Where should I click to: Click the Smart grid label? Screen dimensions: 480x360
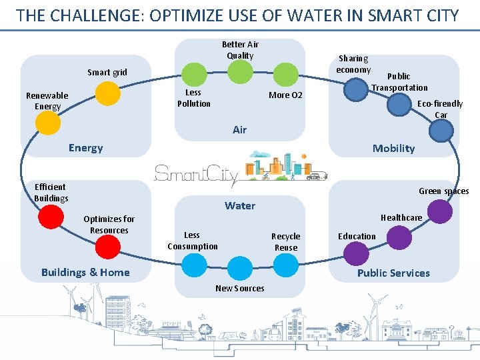coord(107,72)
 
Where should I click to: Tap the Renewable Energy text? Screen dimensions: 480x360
coord(47,101)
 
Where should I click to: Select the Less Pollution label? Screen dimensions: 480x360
coord(193,98)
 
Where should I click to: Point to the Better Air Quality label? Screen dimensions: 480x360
coord(240,50)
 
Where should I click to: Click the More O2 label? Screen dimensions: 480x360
coord(285,95)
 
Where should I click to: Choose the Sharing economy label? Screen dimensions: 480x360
coord(353,64)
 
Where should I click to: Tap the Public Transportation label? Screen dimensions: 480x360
coord(399,82)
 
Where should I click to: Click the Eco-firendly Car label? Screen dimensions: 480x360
coord(439,109)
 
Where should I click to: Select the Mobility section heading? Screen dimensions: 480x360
coord(393,148)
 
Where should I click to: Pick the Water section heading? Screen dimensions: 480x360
coord(240,205)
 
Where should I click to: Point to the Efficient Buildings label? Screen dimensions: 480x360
coord(51,192)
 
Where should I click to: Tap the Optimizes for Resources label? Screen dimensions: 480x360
coord(109,225)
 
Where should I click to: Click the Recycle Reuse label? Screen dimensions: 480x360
coord(285,241)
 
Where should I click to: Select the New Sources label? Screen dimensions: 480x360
coord(239,288)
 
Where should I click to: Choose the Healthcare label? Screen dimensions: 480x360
coord(401,217)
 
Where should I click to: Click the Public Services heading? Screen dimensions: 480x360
coord(393,273)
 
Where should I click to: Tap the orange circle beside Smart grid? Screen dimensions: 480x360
coord(107,94)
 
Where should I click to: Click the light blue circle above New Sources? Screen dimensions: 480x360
coord(240,268)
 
